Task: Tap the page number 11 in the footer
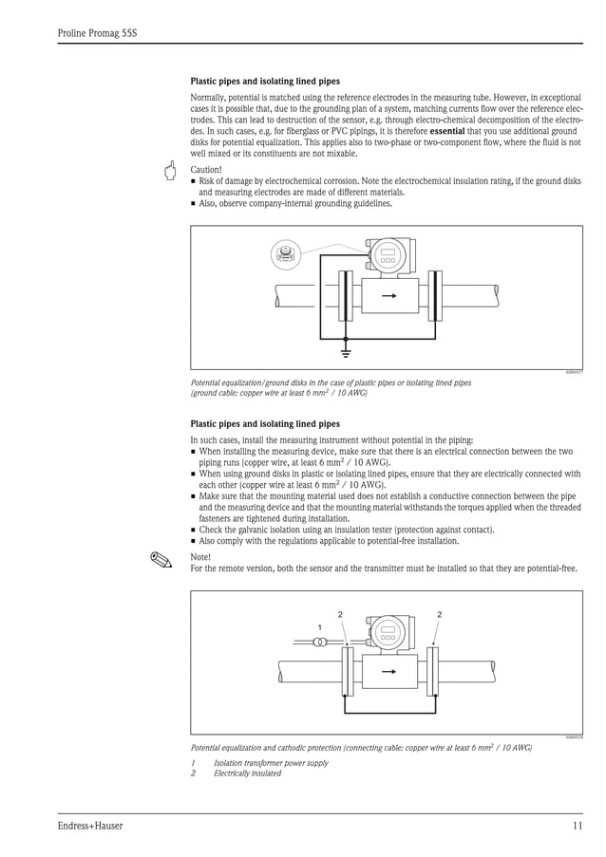tap(577, 826)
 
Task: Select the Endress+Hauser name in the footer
tap(90, 826)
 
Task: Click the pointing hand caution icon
tap(171, 172)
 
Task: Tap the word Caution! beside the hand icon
tap(206, 170)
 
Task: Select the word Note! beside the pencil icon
tap(200, 557)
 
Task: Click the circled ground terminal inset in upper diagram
tap(283, 252)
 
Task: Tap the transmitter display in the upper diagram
tap(388, 254)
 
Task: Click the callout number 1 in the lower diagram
tap(320, 627)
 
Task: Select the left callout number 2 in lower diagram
tap(340, 615)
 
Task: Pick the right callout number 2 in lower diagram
tap(440, 615)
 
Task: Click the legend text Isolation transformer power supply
tap(271, 763)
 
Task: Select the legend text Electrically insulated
tap(247, 773)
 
